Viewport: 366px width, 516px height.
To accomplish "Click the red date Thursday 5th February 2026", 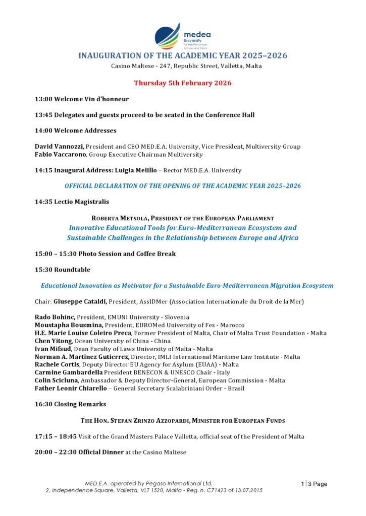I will pos(182,83).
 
